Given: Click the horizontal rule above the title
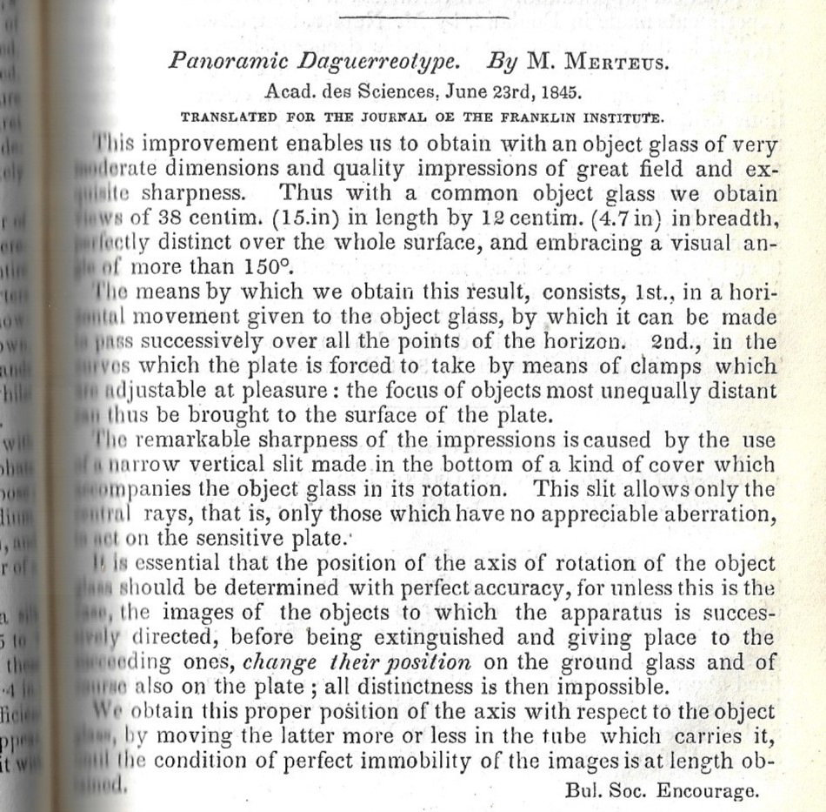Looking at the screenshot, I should [423, 16].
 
